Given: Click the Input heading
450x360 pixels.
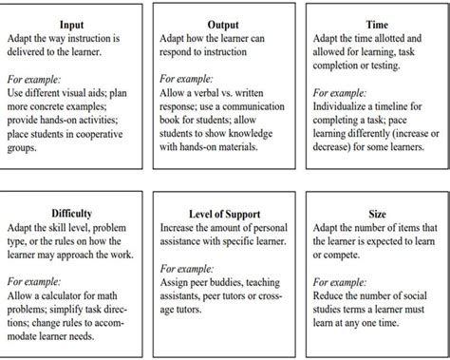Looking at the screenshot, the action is [71, 24].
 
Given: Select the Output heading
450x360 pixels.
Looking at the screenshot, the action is [224, 24].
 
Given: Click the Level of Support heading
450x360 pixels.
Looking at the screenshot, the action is [224, 216].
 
